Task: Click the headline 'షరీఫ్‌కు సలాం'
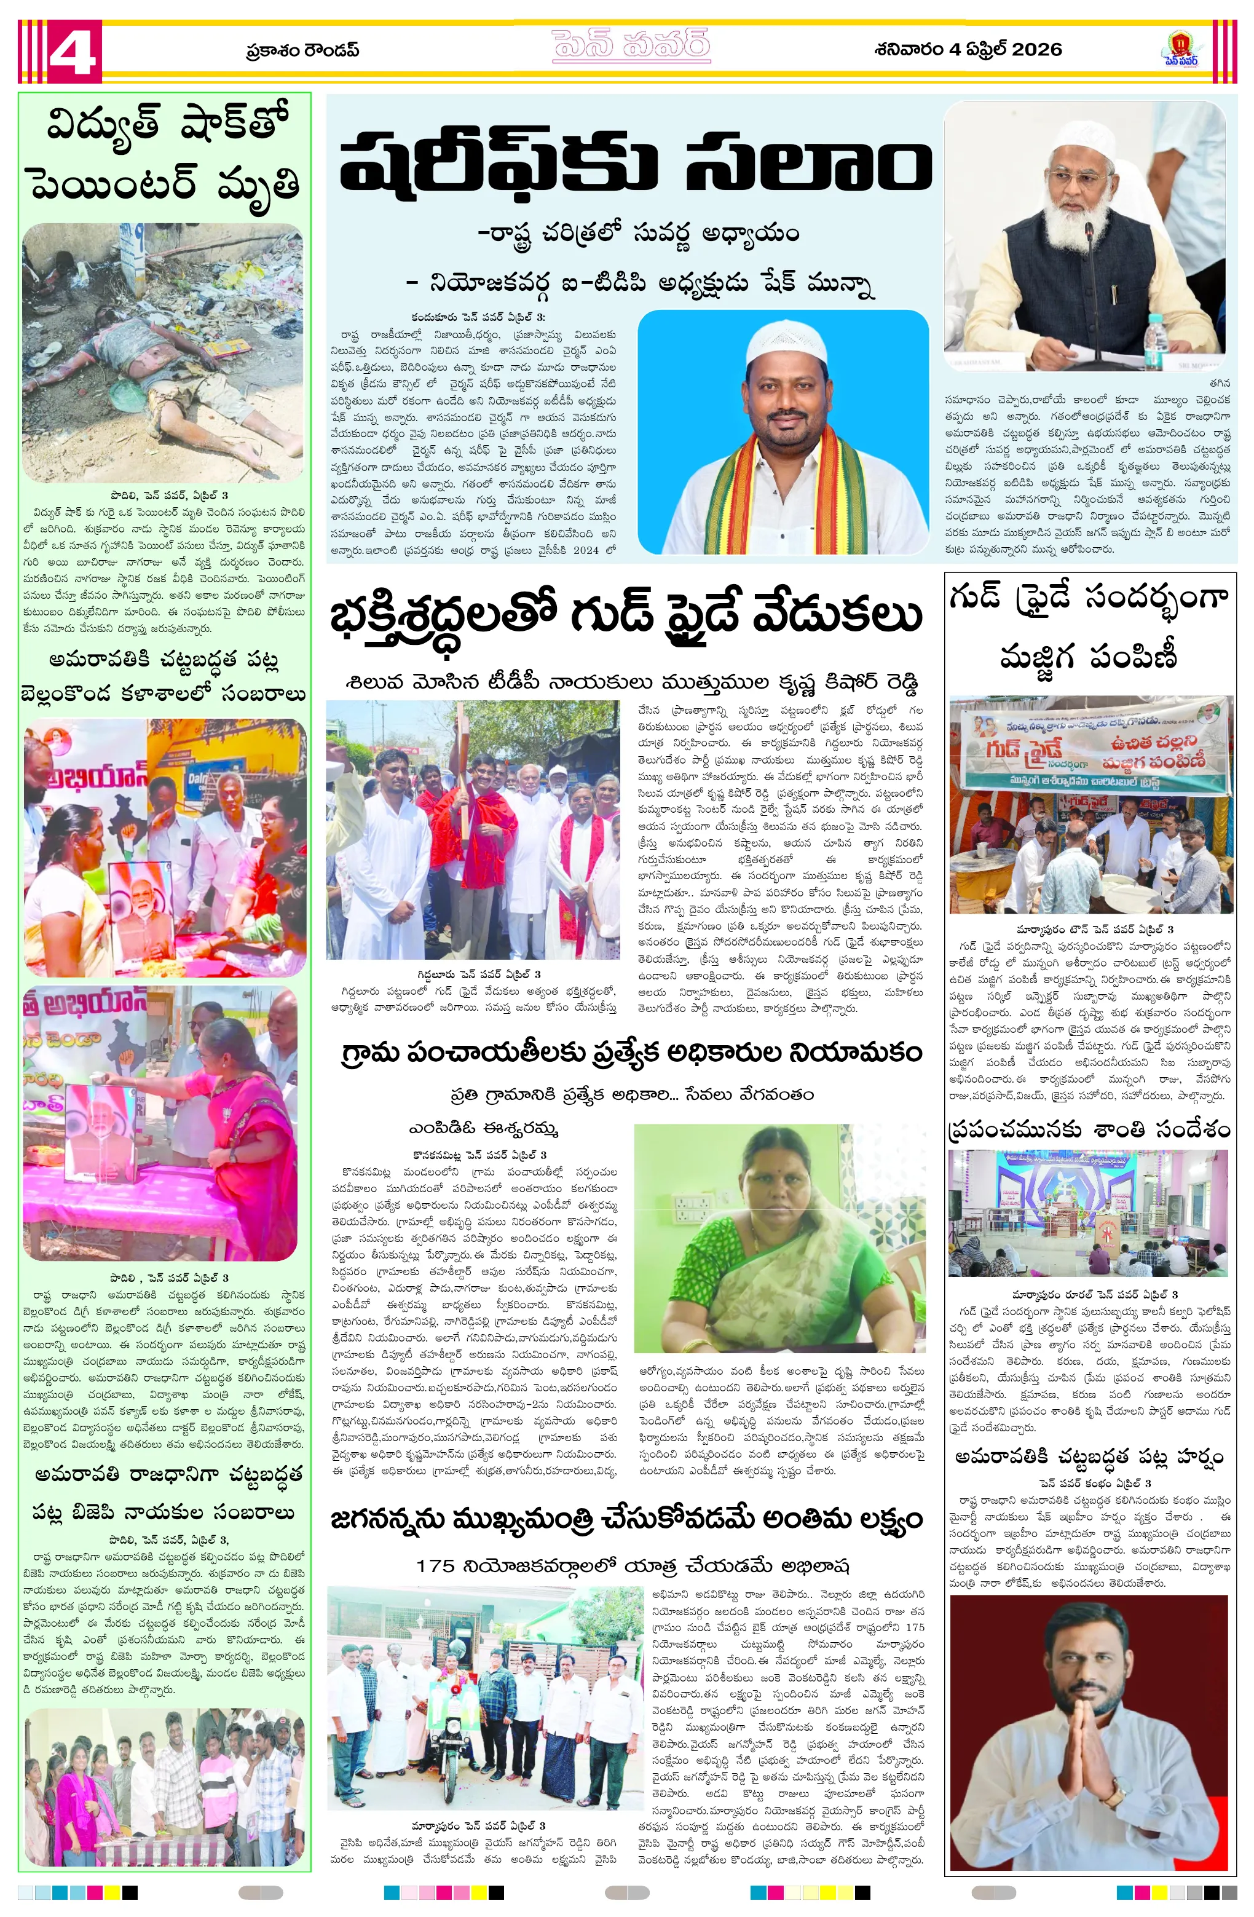click(x=634, y=165)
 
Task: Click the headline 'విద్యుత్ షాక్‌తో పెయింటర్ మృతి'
click(x=165, y=156)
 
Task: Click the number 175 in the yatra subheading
click(x=436, y=1566)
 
